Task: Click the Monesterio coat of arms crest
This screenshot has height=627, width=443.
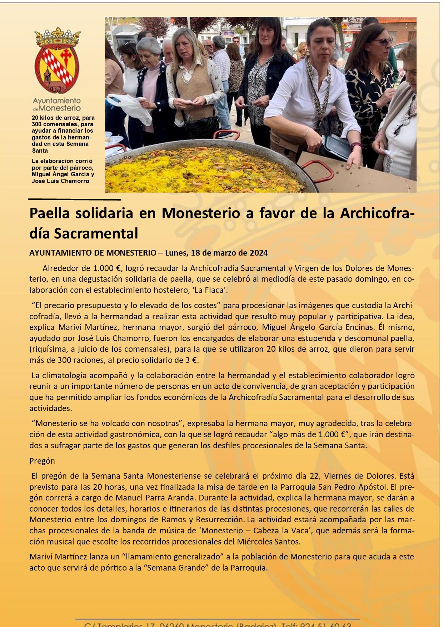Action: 57,61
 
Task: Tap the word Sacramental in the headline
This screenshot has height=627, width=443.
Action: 96,234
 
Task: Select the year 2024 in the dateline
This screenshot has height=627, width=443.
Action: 258,253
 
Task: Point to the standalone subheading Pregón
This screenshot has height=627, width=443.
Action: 42,461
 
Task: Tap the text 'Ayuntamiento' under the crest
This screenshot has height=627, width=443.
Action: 57,101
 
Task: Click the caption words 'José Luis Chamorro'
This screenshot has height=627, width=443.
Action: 60,181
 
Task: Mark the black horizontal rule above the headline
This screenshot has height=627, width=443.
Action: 74,199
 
